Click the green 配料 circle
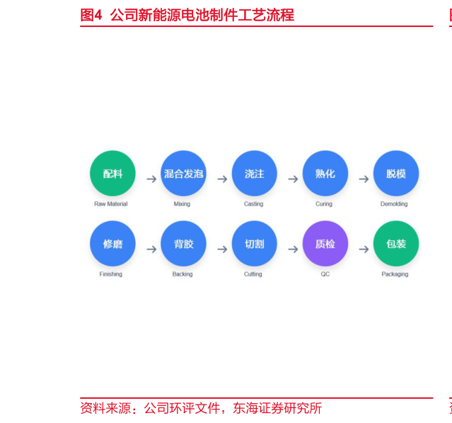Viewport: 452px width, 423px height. (112, 174)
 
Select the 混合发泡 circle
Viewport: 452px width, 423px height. (184, 174)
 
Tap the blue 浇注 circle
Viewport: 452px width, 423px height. (254, 174)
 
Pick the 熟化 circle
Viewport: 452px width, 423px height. (325, 174)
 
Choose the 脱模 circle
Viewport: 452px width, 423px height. (396, 174)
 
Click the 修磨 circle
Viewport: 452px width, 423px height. (112, 244)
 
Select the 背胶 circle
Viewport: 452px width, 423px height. (184, 244)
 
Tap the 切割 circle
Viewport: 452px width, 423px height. (254, 244)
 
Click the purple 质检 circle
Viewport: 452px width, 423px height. (325, 244)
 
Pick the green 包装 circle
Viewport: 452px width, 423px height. (396, 244)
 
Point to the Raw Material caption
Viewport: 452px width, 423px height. (110, 204)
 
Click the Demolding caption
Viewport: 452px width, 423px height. (394, 204)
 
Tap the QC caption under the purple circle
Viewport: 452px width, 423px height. (325, 274)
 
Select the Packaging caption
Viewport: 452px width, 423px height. (395, 274)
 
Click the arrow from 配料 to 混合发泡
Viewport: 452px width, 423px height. (151, 179)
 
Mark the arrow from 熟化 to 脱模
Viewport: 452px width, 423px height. (364, 179)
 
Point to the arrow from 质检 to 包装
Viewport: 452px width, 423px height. (364, 249)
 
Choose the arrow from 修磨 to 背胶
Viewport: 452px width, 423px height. (151, 249)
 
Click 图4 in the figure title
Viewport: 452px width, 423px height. (91, 15)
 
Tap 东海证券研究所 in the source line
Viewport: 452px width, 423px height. (277, 408)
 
